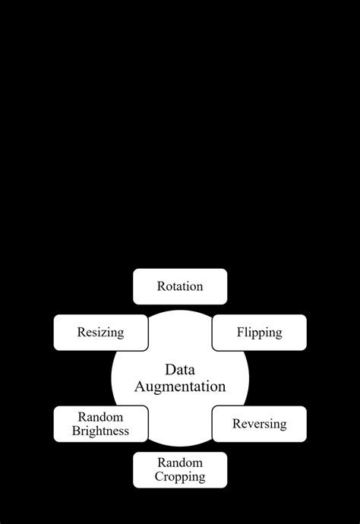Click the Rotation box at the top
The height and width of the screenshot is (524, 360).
[x=180, y=286]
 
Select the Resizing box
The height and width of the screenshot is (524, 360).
[x=100, y=333]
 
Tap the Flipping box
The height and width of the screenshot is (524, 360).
[x=259, y=333]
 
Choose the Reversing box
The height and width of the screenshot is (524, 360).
[x=259, y=424]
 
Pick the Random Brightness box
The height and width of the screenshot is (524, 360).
[x=100, y=424]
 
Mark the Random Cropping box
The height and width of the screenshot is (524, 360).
[x=180, y=469]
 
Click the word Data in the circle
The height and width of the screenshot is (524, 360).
[x=180, y=370]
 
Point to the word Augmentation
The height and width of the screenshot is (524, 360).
[x=180, y=387]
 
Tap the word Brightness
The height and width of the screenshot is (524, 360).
[x=100, y=431]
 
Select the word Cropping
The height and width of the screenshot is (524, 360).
[x=180, y=477]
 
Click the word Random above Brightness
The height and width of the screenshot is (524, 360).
[x=100, y=417]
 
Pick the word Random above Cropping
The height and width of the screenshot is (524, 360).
[x=180, y=462]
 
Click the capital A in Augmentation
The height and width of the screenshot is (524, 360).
[x=140, y=387]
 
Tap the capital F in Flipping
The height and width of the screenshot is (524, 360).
[x=240, y=333]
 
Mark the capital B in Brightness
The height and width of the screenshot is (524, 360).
[x=76, y=431]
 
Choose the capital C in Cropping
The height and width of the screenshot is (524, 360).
[x=159, y=477]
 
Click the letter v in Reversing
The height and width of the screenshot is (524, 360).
[x=251, y=425]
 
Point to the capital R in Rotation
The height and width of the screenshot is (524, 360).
[x=161, y=286]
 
